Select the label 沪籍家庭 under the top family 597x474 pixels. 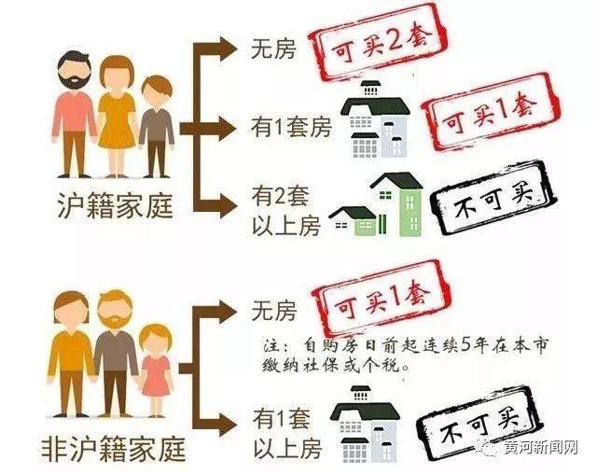click(x=115, y=205)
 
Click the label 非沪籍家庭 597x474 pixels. click(x=114, y=448)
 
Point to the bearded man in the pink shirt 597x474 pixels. click(x=75, y=114)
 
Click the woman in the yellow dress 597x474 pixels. click(x=117, y=117)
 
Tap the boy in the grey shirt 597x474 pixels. click(x=156, y=126)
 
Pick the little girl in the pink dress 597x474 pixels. click(x=156, y=370)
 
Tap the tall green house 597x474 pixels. click(x=397, y=204)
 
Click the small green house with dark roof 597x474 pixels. click(x=354, y=221)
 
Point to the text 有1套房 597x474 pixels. click(x=290, y=128)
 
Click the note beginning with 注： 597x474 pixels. click(x=405, y=355)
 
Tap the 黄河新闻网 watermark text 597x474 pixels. click(x=541, y=448)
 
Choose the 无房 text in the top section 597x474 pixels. click(x=273, y=49)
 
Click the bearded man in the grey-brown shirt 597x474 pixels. click(x=114, y=353)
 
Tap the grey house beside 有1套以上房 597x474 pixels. click(x=365, y=425)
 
